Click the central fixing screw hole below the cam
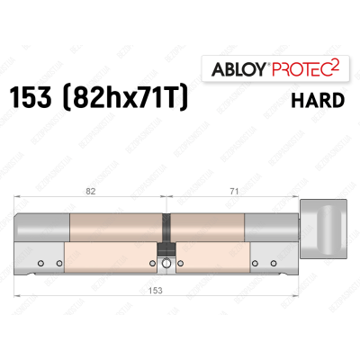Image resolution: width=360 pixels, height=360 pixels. (166, 265)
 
